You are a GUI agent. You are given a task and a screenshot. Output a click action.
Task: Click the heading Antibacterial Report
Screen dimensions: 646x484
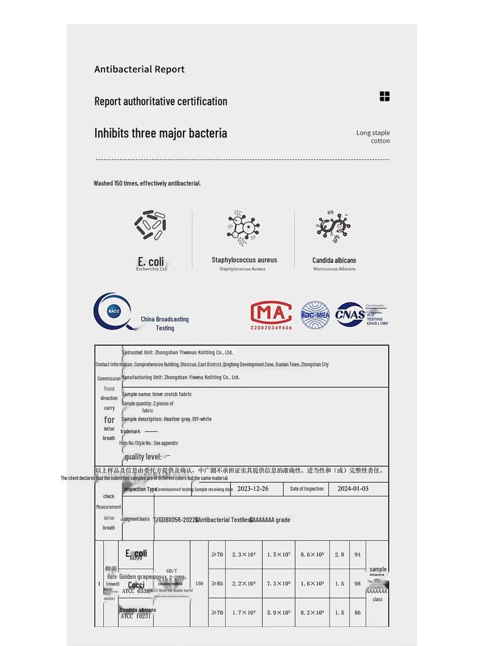[x=139, y=69]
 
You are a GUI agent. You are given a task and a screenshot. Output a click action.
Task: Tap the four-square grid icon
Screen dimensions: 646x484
[x=384, y=97]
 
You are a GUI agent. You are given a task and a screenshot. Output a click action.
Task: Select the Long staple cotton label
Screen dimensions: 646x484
[x=373, y=137]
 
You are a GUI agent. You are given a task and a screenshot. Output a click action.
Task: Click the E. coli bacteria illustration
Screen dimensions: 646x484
[x=150, y=225]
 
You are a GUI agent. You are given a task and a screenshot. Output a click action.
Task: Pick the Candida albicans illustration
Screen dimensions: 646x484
[x=333, y=226]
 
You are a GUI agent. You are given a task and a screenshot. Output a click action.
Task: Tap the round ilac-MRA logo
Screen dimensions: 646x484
[x=315, y=315]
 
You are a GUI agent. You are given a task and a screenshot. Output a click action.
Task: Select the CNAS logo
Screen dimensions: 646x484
[x=350, y=314]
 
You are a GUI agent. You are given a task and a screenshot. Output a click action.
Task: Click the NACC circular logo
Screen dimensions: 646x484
[x=113, y=311]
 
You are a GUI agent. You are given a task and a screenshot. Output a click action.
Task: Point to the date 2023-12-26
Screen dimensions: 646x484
[x=253, y=489]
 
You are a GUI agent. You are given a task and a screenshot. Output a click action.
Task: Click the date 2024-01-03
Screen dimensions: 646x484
[x=353, y=489]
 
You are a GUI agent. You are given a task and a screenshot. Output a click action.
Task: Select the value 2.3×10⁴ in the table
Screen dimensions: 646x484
[x=243, y=555]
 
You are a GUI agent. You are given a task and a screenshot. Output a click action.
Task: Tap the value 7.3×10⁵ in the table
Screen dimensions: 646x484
[x=279, y=584]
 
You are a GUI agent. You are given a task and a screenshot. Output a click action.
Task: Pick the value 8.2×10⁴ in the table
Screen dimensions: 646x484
[x=313, y=613]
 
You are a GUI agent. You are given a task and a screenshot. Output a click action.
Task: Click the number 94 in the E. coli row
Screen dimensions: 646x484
[x=357, y=555]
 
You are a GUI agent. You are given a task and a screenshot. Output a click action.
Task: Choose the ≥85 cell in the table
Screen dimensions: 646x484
[x=217, y=584]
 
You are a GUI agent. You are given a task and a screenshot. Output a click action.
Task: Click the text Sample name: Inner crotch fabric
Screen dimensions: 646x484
[x=156, y=394]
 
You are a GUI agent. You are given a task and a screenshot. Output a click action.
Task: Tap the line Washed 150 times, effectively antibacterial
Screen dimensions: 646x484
[x=147, y=184]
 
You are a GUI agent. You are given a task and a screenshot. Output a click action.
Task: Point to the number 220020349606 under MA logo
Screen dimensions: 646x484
[x=271, y=328]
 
